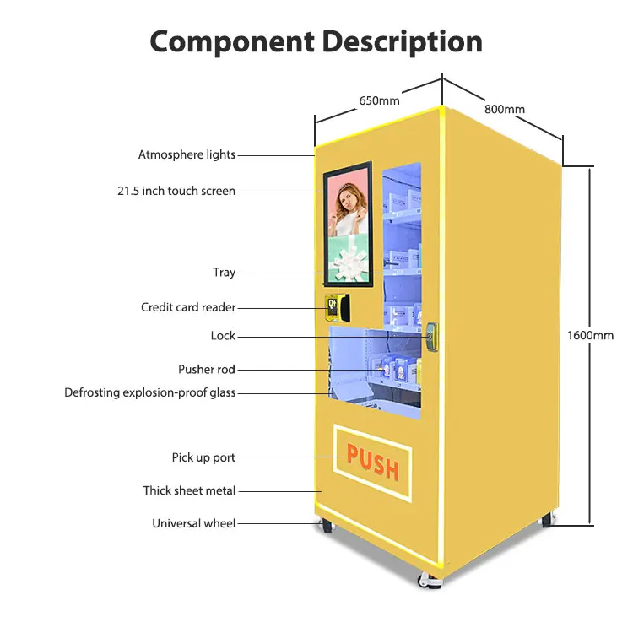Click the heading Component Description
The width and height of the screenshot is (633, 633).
pos(316,41)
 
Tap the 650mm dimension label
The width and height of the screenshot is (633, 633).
pos(379,100)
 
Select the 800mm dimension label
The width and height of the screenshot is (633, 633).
pos(505,109)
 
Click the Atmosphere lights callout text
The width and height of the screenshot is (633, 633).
pos(187,155)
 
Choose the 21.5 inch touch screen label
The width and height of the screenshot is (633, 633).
pos(176,192)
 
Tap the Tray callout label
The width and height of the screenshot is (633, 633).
pos(224,273)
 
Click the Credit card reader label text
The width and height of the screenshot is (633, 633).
pos(188,308)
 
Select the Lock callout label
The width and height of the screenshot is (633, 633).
pos(223,336)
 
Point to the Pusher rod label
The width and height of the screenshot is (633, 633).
pos(207,370)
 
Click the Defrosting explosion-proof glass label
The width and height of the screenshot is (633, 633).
pos(150,393)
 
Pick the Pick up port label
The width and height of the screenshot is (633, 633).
pos(203,457)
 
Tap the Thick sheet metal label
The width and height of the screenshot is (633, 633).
pos(189,490)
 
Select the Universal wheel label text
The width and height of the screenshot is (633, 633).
pos(193,523)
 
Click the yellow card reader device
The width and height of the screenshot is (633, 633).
pos(336,307)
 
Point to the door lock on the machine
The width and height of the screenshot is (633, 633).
pos(432,335)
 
